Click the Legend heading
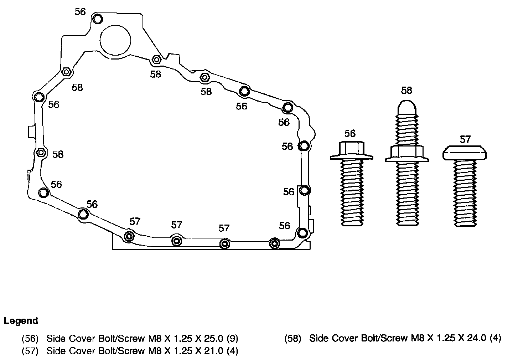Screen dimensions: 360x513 (x=21, y=321)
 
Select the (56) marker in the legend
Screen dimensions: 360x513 (x=30, y=338)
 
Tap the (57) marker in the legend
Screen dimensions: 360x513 (x=30, y=351)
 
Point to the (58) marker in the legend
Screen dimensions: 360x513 (x=293, y=338)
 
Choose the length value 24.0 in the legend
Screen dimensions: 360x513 (x=476, y=338)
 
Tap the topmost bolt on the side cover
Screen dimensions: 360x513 (x=97, y=19)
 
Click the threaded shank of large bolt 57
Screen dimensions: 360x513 (x=465, y=192)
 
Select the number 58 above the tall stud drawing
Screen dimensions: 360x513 (x=406, y=91)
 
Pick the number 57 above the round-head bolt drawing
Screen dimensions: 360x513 (x=465, y=139)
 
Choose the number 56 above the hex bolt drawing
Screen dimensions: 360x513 (x=350, y=133)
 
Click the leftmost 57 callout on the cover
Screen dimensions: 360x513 (x=135, y=221)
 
